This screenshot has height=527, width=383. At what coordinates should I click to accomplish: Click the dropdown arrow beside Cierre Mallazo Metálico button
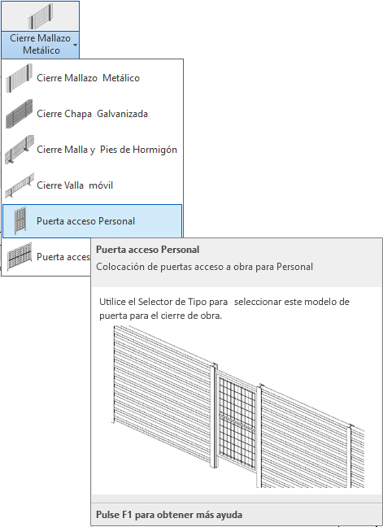75,45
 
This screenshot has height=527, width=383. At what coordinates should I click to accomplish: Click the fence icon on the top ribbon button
41,16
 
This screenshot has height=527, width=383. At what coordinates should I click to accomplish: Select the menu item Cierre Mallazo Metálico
88,78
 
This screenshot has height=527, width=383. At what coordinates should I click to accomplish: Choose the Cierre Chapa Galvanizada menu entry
92,114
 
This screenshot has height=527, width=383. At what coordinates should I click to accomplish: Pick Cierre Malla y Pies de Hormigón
107,150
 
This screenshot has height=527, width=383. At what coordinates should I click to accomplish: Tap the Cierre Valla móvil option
75,185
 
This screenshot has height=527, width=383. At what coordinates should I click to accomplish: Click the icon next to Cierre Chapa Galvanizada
20,114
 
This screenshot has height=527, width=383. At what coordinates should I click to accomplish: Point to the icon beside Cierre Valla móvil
20,185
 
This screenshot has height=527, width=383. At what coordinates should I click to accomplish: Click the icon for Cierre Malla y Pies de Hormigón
20,150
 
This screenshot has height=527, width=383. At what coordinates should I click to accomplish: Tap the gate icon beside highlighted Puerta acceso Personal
20,221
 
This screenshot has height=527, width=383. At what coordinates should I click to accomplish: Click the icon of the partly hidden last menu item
20,256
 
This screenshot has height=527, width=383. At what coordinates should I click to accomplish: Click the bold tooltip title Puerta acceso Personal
147,250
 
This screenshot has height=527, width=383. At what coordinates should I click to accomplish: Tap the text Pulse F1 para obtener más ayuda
169,515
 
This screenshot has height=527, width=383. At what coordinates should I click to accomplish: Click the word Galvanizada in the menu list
122,114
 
